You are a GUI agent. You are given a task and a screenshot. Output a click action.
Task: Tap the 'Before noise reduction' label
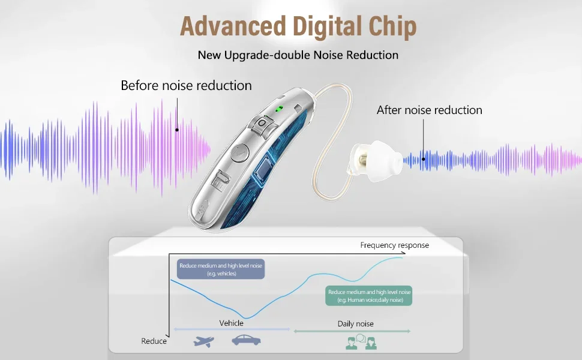tap(187, 86)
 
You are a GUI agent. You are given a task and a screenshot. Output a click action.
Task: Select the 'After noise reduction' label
tap(430, 110)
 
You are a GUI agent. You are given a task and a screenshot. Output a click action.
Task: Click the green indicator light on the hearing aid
tap(279, 109)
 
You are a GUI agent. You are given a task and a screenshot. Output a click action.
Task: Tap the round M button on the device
tap(240, 152)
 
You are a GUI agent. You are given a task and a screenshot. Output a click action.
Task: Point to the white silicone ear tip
tap(375, 161)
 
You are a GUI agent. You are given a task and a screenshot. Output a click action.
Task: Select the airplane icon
tap(203, 341)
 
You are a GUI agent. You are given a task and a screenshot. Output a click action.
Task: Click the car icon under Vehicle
tap(246, 340)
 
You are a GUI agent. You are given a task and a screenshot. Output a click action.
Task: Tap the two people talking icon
tap(361, 342)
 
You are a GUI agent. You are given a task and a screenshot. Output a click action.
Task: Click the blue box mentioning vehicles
tap(221, 269)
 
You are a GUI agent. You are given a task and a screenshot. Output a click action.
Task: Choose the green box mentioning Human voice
tap(369, 296)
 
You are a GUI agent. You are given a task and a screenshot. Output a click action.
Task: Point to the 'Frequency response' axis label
tap(395, 245)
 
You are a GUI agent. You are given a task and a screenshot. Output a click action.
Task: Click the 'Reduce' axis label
tap(154, 341)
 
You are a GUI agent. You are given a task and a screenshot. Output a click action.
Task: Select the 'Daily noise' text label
tap(356, 323)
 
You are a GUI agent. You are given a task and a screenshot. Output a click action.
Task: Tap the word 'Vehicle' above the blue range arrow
tap(231, 323)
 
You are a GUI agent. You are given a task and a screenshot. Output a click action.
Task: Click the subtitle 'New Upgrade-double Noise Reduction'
tap(298, 55)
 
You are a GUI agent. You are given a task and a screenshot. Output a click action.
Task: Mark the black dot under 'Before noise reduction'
tap(177, 130)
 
